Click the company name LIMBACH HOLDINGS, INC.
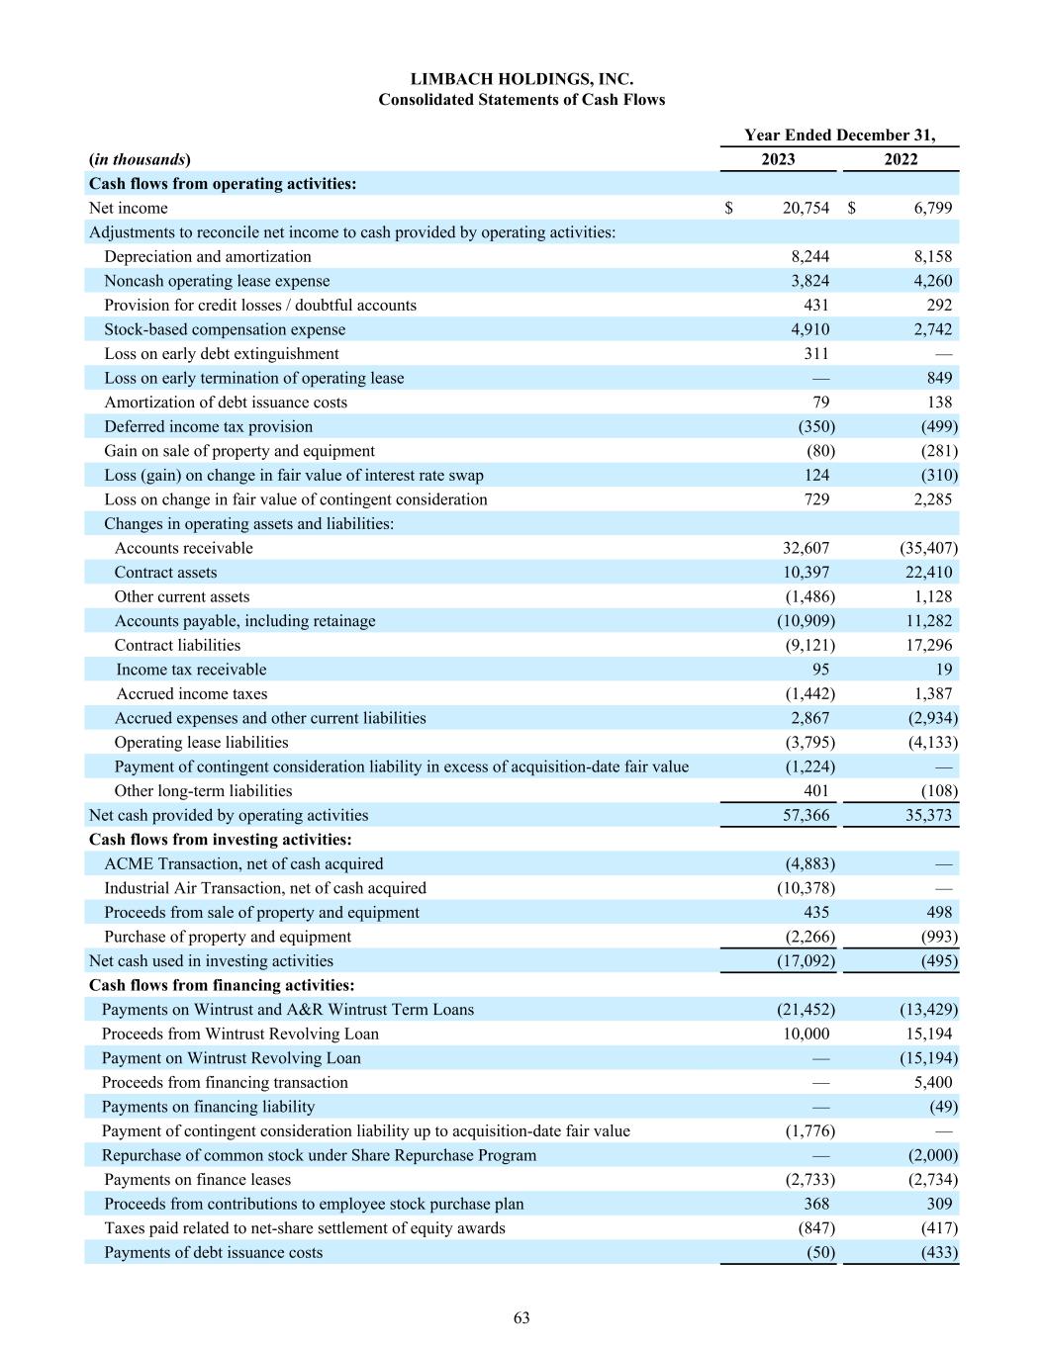522,79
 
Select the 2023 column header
778,159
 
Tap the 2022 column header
901,159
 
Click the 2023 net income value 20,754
806,208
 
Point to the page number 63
522,1317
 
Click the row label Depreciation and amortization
208,256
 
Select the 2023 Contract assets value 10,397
806,572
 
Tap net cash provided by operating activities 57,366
806,815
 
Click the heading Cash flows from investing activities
221,840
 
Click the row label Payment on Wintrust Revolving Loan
232,1058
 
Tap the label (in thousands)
140,159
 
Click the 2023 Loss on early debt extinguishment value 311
816,353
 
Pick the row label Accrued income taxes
192,693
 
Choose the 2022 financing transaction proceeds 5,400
933,1082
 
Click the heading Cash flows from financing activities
222,985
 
